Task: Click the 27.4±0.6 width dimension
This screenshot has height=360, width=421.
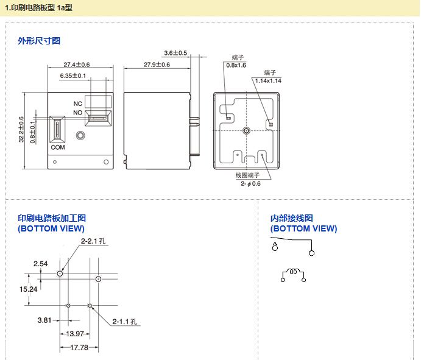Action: click(77, 65)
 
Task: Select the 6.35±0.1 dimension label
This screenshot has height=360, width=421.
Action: click(73, 76)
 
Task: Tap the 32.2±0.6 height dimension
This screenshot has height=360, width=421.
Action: click(21, 130)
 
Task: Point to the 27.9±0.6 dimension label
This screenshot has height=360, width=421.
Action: click(157, 65)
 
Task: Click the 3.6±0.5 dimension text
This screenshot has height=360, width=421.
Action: click(175, 53)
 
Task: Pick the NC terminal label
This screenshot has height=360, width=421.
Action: click(78, 104)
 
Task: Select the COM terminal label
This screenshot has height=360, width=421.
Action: click(58, 147)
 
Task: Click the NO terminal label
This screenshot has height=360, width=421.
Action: click(78, 113)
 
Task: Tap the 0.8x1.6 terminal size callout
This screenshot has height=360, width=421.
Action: click(236, 65)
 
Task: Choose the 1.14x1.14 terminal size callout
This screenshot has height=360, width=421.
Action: click(268, 80)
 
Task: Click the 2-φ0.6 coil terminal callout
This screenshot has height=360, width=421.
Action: click(250, 183)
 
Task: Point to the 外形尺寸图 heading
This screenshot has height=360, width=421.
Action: click(39, 41)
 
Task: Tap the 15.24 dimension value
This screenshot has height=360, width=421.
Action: click(29, 289)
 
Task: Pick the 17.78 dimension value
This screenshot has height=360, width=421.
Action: click(79, 347)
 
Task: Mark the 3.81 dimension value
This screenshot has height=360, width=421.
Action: click(44, 319)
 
